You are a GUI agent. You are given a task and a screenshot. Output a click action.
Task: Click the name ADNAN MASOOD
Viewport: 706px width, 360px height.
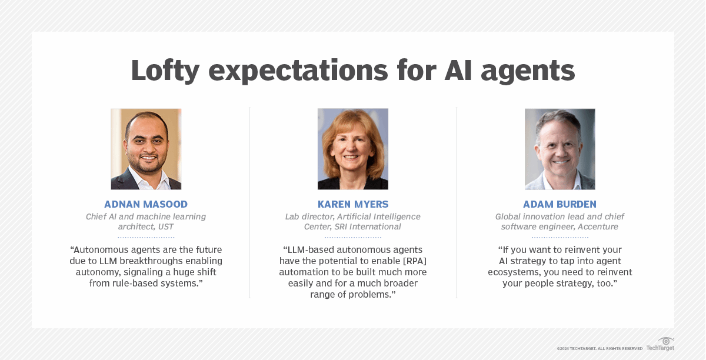tap(146, 205)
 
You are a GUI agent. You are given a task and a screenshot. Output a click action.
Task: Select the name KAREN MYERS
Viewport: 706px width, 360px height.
tap(353, 205)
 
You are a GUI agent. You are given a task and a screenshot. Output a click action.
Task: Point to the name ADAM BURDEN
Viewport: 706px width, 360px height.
tap(560, 205)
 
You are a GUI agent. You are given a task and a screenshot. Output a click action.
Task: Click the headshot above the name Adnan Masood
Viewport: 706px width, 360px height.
tap(146, 149)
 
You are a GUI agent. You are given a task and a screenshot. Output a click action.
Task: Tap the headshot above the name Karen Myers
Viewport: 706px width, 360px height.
tap(353, 149)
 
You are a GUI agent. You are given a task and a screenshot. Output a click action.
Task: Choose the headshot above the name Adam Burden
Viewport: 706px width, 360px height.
tap(560, 149)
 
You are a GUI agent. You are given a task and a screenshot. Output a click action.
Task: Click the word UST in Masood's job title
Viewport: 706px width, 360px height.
tap(165, 226)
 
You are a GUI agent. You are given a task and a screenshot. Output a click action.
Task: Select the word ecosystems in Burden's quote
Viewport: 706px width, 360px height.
tap(514, 272)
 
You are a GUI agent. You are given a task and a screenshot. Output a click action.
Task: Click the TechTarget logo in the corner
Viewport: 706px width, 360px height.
tap(661, 344)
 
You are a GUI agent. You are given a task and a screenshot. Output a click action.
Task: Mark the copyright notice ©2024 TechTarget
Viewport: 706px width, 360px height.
tap(600, 349)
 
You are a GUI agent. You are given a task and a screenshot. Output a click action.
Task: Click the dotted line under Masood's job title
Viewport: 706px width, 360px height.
tap(146, 237)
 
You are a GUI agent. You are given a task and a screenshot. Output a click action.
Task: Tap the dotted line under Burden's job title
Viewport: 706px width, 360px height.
tap(560, 237)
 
